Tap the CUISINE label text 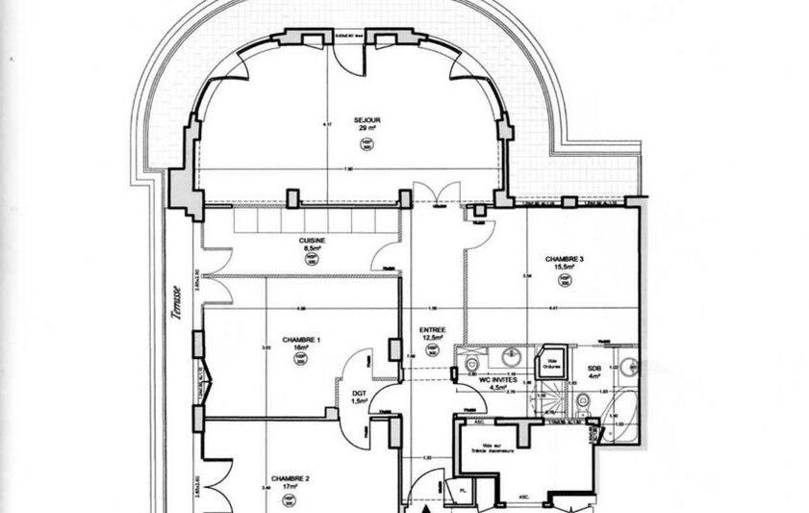coord(312,241)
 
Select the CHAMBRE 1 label coord(300,340)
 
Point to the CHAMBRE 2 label coord(290,478)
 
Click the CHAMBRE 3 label coord(565,259)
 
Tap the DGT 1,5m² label coord(360,396)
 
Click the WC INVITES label coord(498,380)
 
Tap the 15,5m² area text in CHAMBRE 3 coord(565,268)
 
